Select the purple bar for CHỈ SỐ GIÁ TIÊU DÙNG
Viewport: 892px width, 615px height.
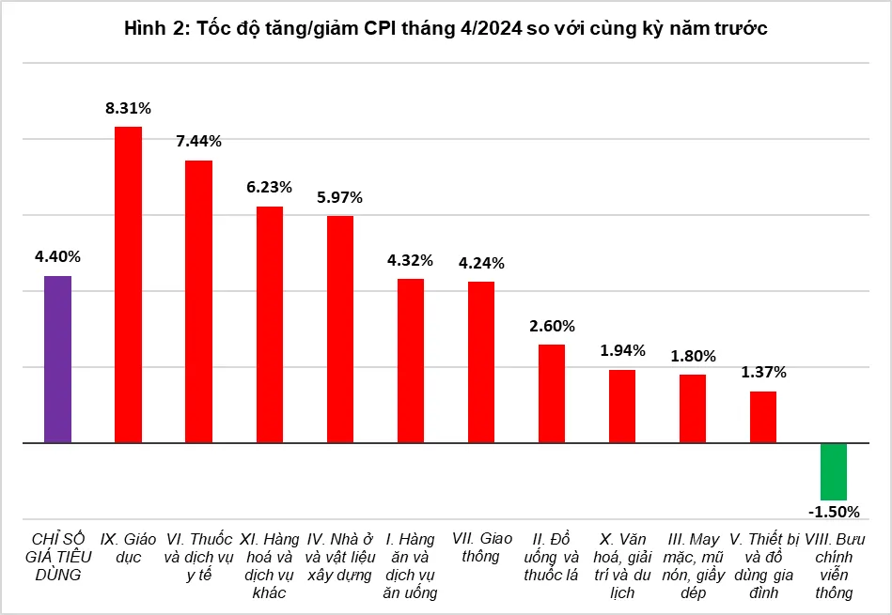coord(57,359)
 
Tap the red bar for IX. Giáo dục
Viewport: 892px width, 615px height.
coord(128,284)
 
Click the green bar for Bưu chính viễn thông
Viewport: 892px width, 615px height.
coord(834,471)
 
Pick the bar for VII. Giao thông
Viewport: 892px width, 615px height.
coord(481,361)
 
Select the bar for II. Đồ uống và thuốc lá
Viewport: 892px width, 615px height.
coord(552,392)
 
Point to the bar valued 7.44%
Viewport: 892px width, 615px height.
coord(198,300)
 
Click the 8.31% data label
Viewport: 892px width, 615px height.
coord(128,108)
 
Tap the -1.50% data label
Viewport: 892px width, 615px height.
coord(834,512)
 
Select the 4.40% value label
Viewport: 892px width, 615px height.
coord(57,256)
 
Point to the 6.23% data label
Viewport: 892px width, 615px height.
coord(270,187)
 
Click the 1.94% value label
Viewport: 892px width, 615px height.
coord(622,350)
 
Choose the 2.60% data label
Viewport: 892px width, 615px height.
coord(552,325)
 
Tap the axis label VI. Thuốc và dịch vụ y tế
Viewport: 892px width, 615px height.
coord(198,557)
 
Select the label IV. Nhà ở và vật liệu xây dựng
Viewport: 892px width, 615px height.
coord(340,557)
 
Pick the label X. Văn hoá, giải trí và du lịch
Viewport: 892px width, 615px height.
coord(622,565)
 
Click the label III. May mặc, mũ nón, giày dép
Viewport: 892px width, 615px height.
coord(693,565)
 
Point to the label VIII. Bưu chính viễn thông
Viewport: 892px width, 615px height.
coord(834,565)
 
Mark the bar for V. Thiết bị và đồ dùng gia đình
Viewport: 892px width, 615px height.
coord(763,416)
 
